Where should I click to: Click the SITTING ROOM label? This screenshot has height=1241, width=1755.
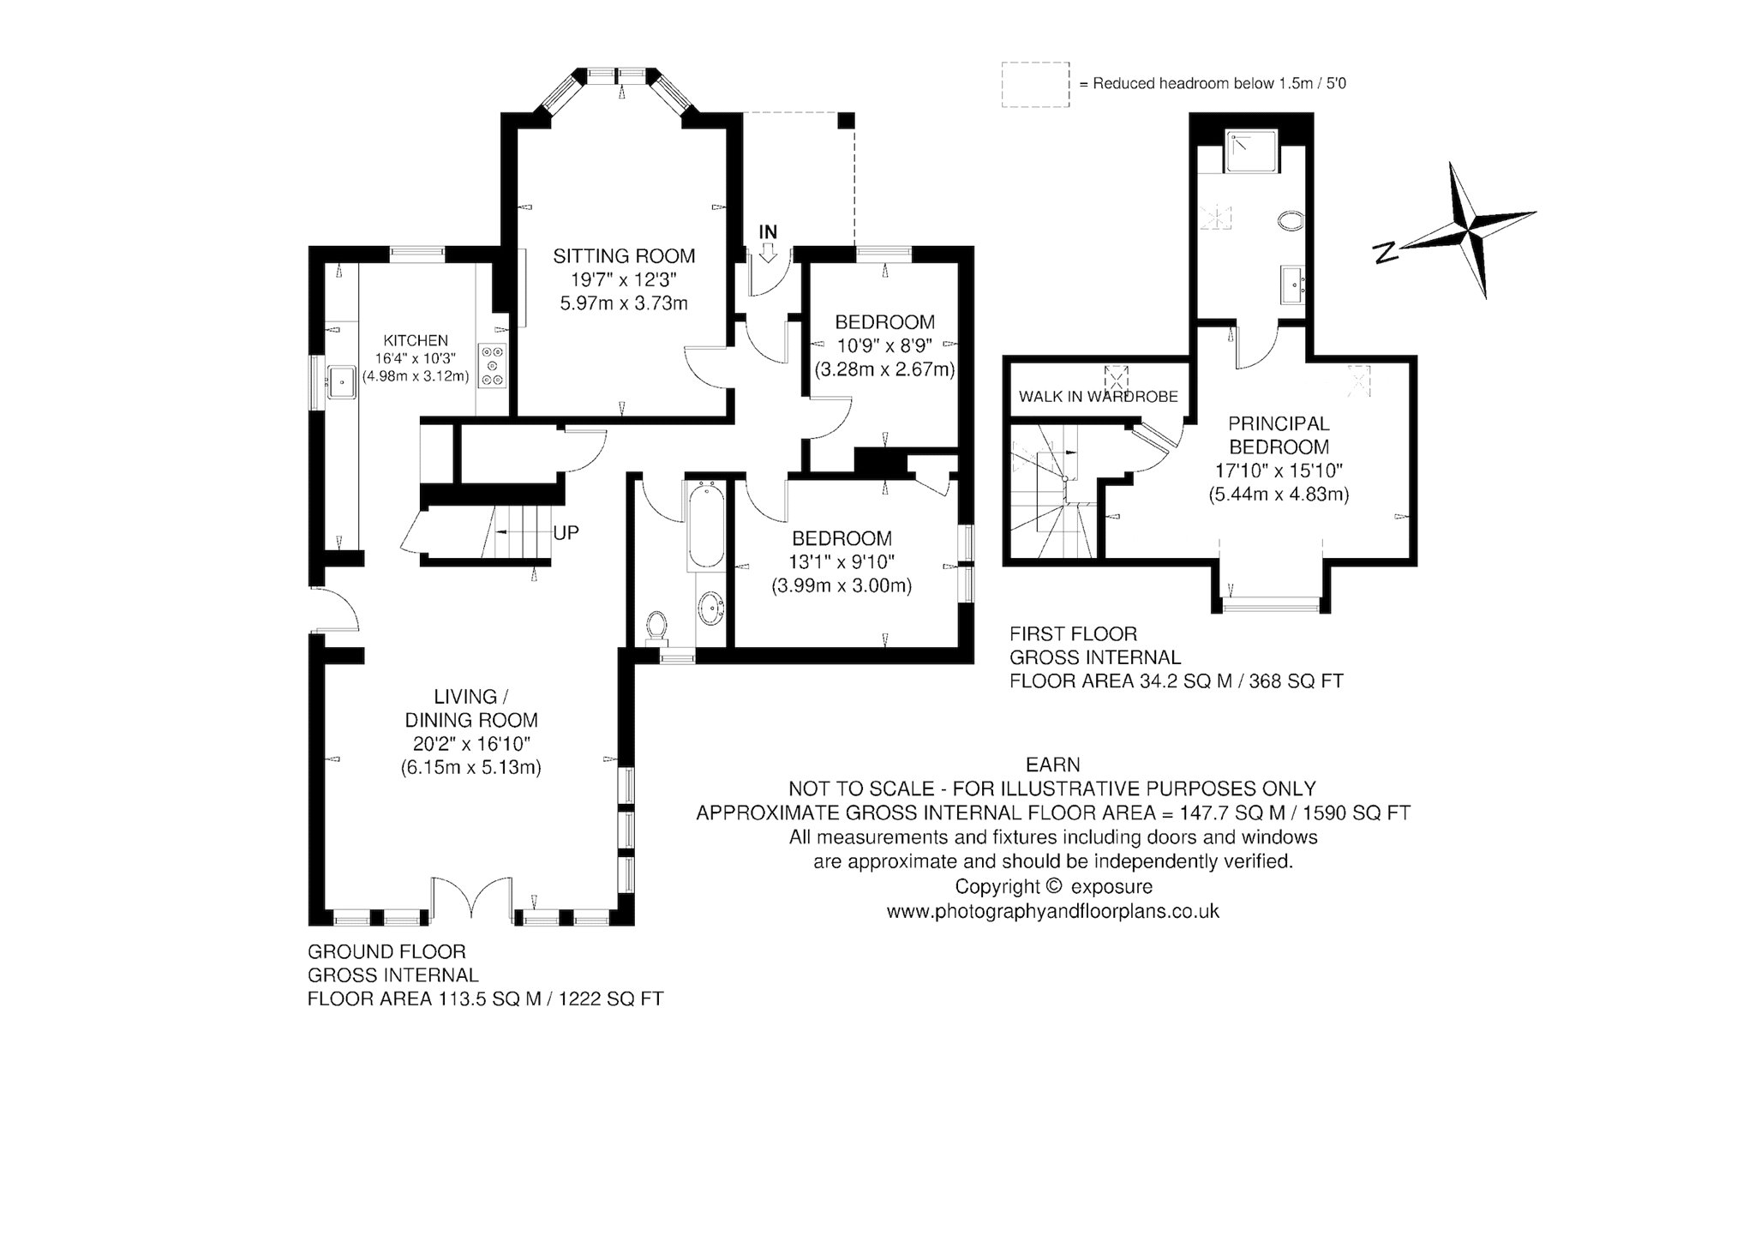click(624, 255)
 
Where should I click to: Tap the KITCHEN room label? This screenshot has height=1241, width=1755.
click(415, 340)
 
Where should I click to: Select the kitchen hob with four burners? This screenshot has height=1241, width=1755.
click(492, 366)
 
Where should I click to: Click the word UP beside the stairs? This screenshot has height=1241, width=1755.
click(566, 532)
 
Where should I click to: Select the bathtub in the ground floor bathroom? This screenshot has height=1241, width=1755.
click(704, 525)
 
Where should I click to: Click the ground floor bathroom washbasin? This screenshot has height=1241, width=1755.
click(711, 609)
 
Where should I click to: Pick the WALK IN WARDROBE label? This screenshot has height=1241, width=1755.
click(1098, 397)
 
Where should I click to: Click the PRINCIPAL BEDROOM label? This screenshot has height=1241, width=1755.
click(1279, 435)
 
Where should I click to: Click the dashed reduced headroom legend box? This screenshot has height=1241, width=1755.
click(1035, 84)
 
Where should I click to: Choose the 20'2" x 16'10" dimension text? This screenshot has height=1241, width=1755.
click(471, 744)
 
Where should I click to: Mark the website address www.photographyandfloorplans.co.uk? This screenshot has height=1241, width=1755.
click(1052, 911)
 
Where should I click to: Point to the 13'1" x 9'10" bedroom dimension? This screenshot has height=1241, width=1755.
click(842, 562)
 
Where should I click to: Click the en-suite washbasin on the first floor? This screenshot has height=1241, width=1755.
click(1292, 283)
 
